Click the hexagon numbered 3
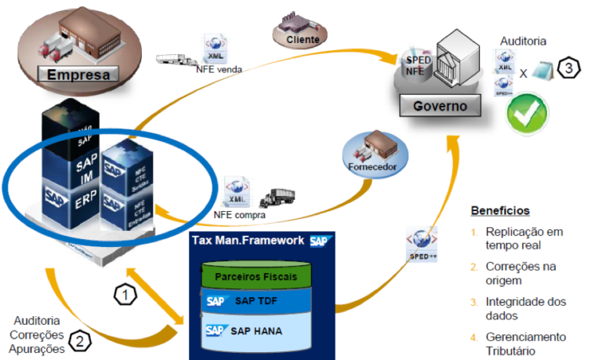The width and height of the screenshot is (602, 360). coord(569,69)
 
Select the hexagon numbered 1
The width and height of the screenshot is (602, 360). coord(126,294)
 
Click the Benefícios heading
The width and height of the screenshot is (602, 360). coord(500,211)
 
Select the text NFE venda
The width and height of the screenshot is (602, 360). coord(219,69)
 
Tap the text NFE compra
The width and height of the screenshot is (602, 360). coord(239,214)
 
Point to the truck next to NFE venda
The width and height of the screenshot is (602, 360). coord(177,59)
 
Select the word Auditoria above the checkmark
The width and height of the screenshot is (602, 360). coord(524,41)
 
